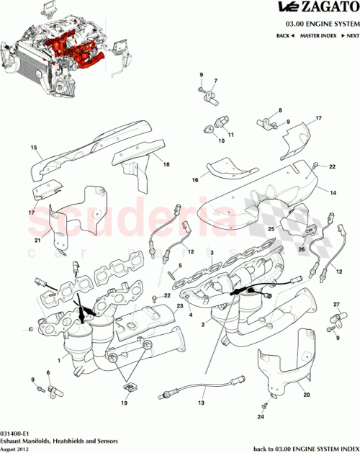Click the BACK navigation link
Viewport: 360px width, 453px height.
click(285, 35)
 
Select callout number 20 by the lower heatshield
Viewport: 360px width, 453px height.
click(306, 395)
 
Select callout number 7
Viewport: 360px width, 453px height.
click(215, 80)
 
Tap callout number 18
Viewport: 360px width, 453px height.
click(166, 165)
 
